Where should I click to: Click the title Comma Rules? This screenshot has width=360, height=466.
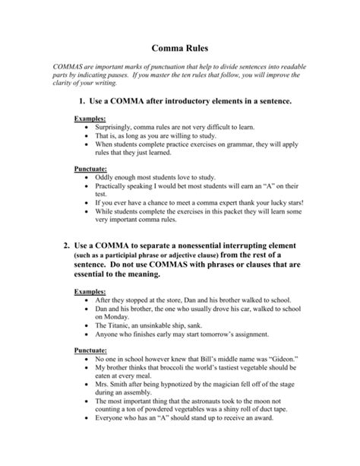pos(180,46)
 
